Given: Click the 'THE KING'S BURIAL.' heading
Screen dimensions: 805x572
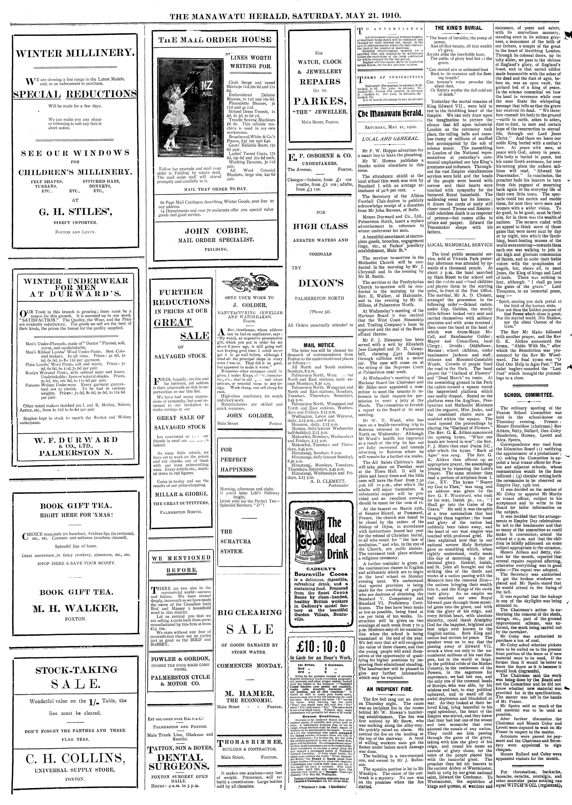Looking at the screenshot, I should (459, 28).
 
